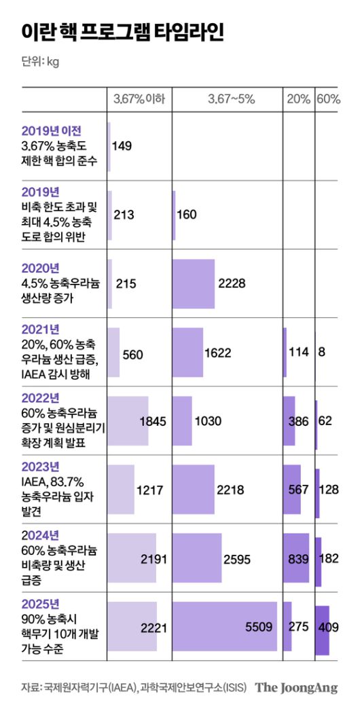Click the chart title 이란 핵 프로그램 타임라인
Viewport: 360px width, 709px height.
[122, 33]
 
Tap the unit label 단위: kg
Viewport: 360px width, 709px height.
[40, 62]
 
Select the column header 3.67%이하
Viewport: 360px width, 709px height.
[139, 99]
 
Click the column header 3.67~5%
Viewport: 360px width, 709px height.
[231, 99]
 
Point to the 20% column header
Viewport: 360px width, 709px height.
[298, 99]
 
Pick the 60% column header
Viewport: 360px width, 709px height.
[328, 99]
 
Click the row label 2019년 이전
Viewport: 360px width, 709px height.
[52, 130]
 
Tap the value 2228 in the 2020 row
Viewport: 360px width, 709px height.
[232, 283]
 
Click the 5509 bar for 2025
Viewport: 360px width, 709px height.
[224, 627]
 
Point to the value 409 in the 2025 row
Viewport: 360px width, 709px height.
[328, 627]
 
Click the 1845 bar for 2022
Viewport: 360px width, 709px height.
[128, 420]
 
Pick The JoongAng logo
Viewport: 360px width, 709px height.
[296, 687]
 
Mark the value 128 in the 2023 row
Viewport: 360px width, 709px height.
[329, 490]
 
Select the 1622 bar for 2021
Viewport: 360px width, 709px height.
[188, 352]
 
